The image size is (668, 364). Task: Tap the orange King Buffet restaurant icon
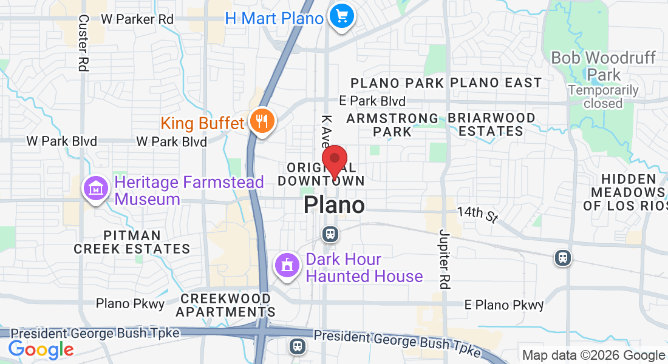262,122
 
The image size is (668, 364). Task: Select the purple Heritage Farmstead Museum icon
96,190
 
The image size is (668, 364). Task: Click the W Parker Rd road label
137,19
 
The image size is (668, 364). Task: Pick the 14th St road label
477,213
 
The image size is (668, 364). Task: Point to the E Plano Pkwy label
503,305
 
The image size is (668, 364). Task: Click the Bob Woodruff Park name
603,66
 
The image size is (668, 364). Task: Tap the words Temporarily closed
603,97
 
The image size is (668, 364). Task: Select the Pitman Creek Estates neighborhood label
132,242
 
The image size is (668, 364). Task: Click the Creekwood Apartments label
225,305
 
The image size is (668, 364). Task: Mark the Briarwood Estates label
491,124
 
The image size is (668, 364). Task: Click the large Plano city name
334,205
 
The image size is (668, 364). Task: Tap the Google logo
41,349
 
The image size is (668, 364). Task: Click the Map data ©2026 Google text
594,356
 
